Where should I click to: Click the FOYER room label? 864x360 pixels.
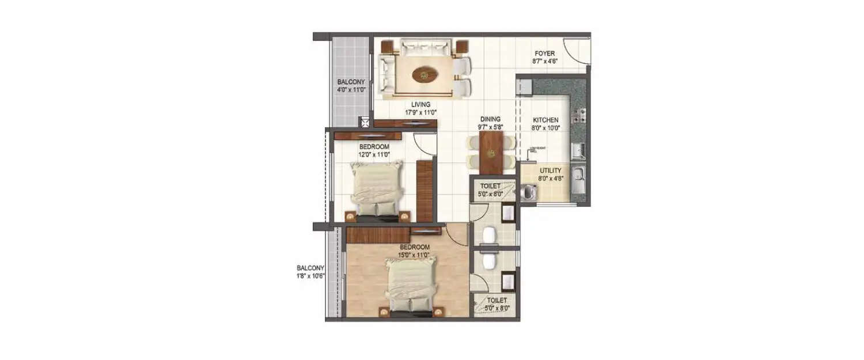tap(544, 53)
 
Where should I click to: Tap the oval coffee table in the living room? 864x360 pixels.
tap(425, 74)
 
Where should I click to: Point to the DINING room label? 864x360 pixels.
tap(490, 119)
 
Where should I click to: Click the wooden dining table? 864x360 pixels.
tap(491, 152)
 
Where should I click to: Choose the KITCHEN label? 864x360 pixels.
tap(545, 120)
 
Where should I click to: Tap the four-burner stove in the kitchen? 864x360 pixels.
tap(578, 115)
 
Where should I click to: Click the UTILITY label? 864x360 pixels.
tap(551, 171)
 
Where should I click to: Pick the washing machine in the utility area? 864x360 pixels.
tap(528, 192)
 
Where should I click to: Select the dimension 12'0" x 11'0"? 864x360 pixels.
tap(374, 154)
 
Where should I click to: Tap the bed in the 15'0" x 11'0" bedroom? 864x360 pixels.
tap(410, 286)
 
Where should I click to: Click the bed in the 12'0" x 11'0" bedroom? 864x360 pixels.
tap(376, 189)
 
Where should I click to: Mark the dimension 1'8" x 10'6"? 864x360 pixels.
tap(311, 276)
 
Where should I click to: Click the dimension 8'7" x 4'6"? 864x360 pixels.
tap(544, 60)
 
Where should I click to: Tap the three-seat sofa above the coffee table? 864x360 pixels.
tap(425, 46)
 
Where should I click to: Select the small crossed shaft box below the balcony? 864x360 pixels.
tap(364, 122)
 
